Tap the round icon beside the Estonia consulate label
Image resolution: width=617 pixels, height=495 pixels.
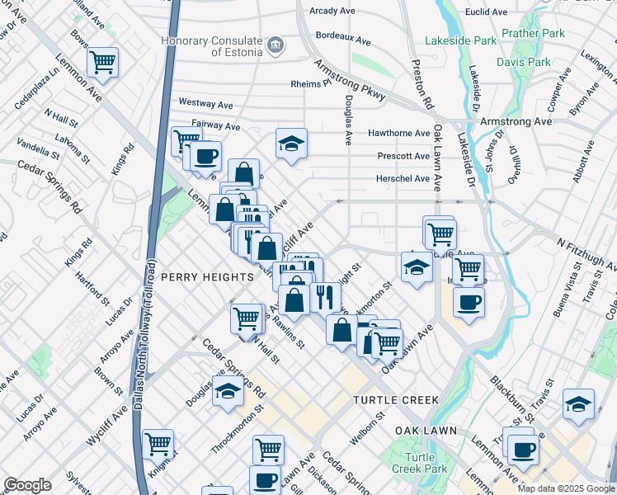tap(276, 45)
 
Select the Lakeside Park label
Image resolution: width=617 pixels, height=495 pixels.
tap(461, 40)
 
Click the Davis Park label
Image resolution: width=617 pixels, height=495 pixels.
tap(523, 62)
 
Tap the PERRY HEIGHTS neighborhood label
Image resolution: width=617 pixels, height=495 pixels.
tap(207, 277)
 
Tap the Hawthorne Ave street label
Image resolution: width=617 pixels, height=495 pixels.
tap(398, 133)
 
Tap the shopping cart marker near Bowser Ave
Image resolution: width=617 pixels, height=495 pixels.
tap(102, 61)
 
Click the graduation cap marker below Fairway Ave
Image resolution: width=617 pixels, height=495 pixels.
tap(291, 144)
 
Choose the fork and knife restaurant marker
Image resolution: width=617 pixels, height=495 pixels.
tap(327, 297)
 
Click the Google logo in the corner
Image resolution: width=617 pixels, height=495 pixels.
tap(27, 485)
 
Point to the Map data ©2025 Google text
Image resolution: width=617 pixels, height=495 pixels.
tap(566, 488)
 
